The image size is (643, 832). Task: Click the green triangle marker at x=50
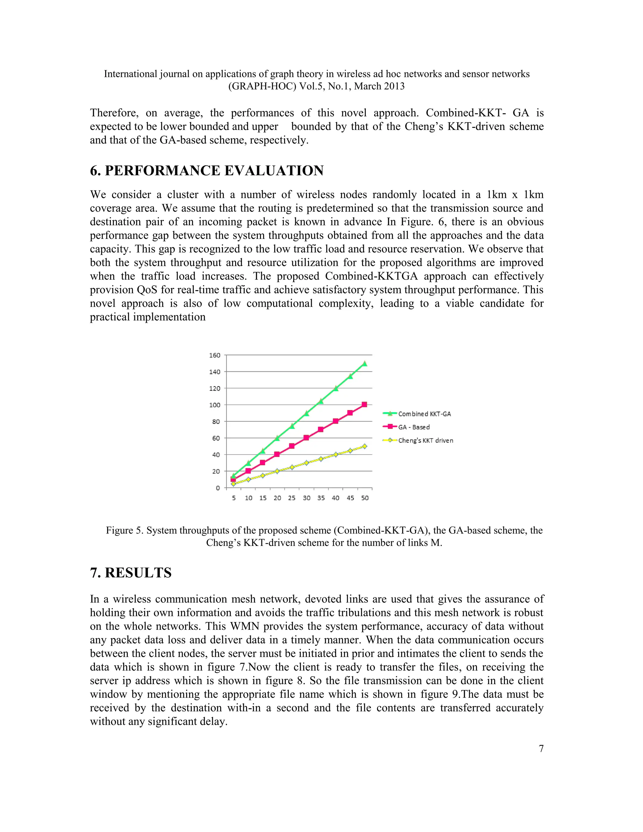[365, 364]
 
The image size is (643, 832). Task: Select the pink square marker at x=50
[365, 405]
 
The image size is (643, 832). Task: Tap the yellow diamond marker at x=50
[365, 446]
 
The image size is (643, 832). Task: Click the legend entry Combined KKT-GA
[424, 414]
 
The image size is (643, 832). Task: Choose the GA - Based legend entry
[414, 427]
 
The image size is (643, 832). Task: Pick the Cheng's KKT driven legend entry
[425, 440]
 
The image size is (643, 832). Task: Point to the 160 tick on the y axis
[214, 355]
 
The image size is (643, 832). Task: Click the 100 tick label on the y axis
[214, 405]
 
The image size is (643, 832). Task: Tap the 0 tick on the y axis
[218, 488]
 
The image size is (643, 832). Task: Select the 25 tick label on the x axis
[292, 498]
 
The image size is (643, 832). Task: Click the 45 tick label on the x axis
[350, 498]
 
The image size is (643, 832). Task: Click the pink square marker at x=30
[306, 438]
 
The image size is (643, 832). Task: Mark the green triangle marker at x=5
[234, 476]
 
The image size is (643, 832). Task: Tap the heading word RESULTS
[138, 573]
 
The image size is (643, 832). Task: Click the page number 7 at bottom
[541, 748]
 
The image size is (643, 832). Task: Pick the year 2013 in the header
[393, 86]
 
